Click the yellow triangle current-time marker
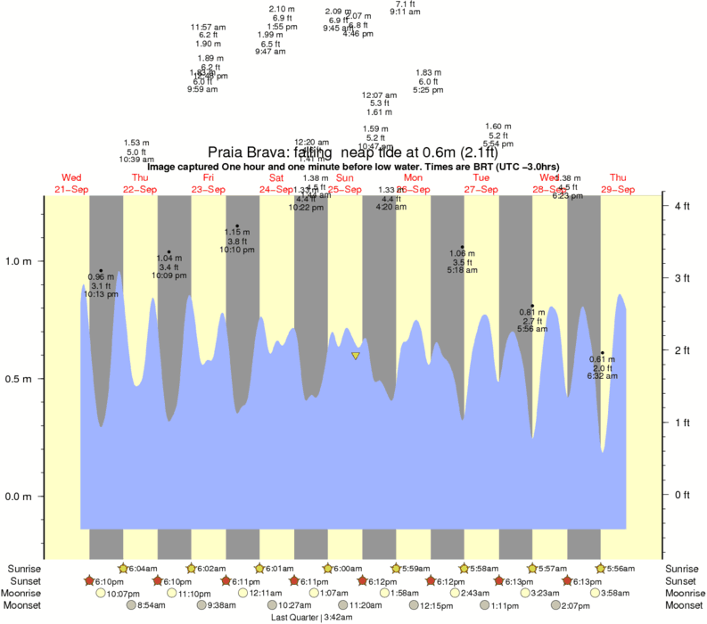pos(356,357)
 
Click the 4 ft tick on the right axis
pos(682,206)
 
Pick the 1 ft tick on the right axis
pos(682,422)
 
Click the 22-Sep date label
pos(140,190)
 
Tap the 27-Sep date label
pos(481,190)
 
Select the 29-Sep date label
pos(617,190)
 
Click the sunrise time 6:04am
pos(143,569)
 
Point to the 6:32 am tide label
pos(602,376)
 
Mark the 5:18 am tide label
pos(462,270)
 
